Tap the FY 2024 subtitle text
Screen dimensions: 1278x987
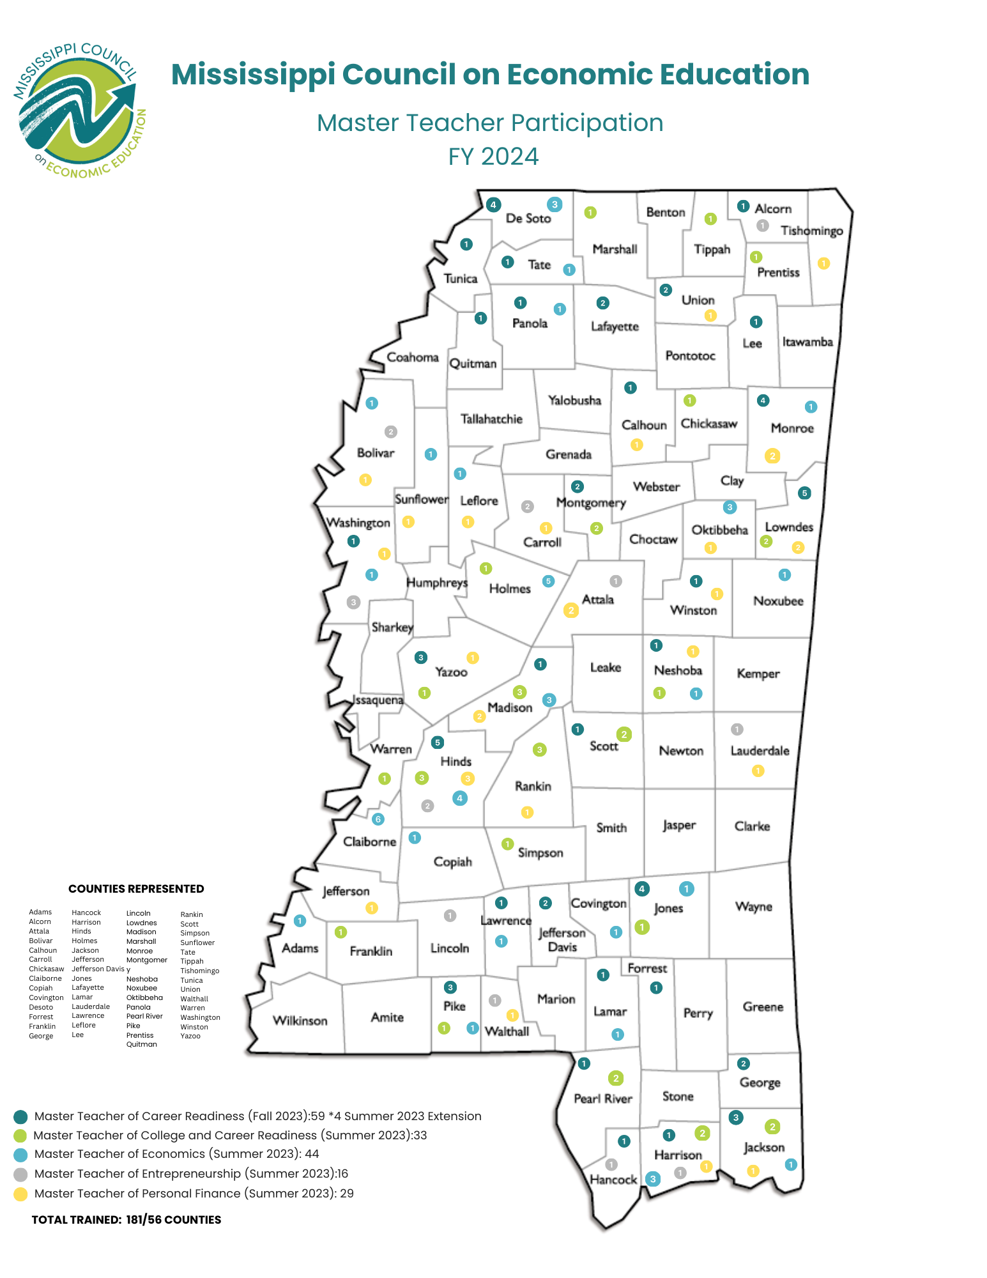(493, 157)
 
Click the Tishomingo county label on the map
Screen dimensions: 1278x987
(811, 231)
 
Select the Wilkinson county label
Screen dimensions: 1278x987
(300, 1020)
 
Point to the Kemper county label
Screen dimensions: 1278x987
(758, 674)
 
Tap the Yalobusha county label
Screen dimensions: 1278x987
(574, 401)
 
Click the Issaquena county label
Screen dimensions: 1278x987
(378, 700)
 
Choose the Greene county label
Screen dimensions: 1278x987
(763, 1006)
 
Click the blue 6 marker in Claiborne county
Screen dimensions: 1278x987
(378, 819)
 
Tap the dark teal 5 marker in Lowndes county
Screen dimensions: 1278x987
(804, 493)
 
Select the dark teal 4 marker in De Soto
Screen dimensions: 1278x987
(493, 205)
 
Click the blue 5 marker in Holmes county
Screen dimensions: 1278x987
(548, 581)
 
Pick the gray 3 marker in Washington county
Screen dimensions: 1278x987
(353, 602)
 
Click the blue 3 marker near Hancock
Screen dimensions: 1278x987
(652, 1179)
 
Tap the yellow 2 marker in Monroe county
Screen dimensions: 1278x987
(772, 456)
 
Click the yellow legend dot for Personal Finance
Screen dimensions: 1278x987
(20, 1194)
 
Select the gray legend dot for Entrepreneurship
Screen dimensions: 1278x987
(20, 1174)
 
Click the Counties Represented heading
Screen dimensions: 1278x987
(136, 889)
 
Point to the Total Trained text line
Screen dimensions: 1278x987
(126, 1219)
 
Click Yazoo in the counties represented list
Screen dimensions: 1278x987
(190, 1036)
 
